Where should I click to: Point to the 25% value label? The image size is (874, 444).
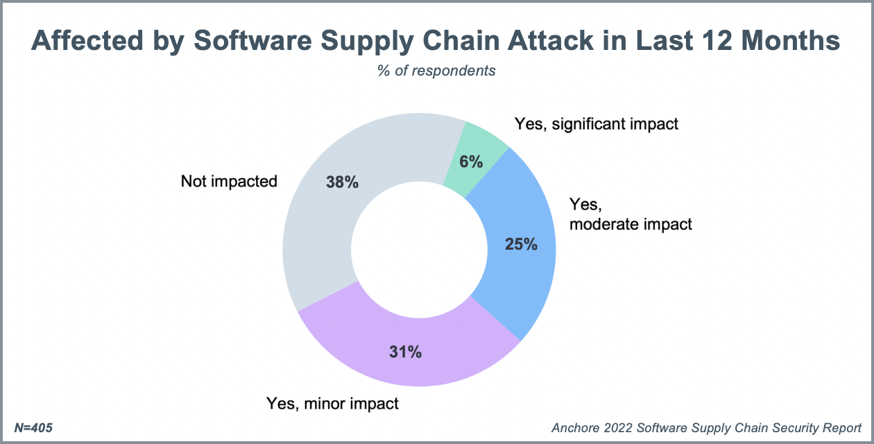click(x=521, y=244)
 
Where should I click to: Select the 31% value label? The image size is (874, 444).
click(x=405, y=352)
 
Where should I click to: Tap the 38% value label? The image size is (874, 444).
click(x=342, y=182)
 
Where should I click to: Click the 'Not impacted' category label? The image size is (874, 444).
click(x=229, y=182)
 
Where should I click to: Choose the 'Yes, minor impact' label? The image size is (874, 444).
click(x=333, y=403)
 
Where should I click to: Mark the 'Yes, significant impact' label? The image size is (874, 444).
click(x=596, y=124)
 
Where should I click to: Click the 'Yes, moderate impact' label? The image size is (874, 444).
click(x=630, y=214)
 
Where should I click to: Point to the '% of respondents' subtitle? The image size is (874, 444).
click(x=436, y=71)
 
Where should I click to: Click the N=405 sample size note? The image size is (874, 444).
click(x=33, y=428)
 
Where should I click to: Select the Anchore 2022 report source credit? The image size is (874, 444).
click(x=707, y=428)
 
